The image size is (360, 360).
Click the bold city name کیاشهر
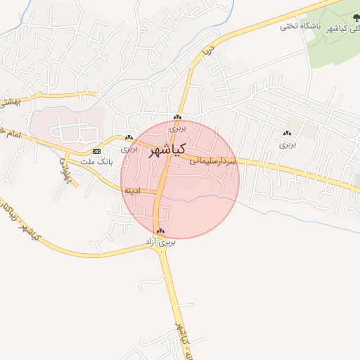click(167, 150)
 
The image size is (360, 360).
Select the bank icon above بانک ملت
click(96, 151)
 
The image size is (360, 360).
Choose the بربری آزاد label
click(160, 242)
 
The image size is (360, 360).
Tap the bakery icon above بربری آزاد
click(161, 231)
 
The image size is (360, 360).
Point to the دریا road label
click(207, 52)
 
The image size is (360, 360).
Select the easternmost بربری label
click(288, 144)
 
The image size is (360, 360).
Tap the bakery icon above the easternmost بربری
click(286, 134)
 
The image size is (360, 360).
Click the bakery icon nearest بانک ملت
click(129, 138)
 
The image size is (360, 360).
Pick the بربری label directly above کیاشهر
click(178, 129)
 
